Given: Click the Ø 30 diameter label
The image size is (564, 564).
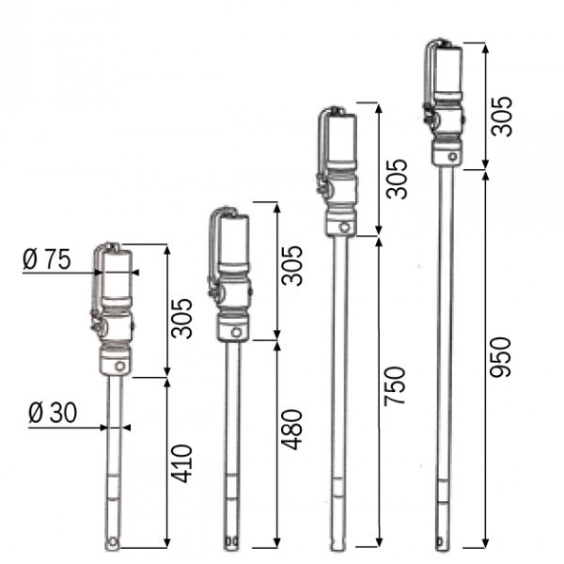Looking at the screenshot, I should tap(52, 414).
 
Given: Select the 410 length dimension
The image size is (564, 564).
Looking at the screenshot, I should tap(185, 463).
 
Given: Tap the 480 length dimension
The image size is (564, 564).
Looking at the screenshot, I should tap(293, 428).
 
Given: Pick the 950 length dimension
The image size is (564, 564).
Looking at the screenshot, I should tap(504, 357).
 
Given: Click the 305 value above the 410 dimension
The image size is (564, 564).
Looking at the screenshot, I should tap(185, 318).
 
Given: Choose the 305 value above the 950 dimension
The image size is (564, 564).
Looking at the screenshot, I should tap(504, 115).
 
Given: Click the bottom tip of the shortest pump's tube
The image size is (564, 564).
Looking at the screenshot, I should tap(115, 542).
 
